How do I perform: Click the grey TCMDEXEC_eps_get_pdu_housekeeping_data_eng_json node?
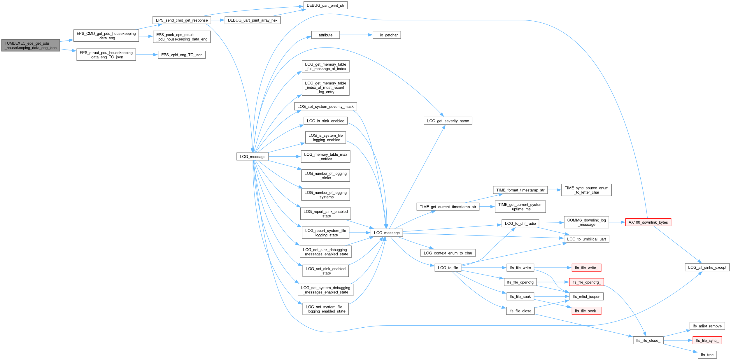pos(31,45)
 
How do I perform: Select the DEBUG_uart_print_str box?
pos(325,6)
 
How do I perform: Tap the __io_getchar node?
pos(387,35)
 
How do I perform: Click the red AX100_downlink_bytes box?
pos(648,222)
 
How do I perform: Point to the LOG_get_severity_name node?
pos(448,121)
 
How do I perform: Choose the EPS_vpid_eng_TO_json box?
pos(182,55)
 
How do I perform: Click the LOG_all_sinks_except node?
pos(707,267)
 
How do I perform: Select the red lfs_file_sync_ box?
pos(707,340)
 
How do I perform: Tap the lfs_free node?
pos(707,355)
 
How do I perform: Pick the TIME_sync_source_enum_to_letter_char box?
pos(586,190)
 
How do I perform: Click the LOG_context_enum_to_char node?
pos(448,253)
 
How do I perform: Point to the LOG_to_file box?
pos(448,268)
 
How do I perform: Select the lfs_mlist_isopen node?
pos(586,296)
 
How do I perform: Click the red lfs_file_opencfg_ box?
pos(586,282)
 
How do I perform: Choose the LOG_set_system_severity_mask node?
pos(325,106)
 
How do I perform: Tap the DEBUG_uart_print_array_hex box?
pos(253,20)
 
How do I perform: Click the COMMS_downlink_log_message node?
pos(586,222)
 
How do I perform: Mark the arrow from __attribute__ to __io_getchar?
pos(356,35)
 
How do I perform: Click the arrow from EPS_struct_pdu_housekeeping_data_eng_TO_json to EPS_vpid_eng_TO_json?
pos(147,55)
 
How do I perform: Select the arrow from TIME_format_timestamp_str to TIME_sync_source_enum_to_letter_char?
pos(555,190)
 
